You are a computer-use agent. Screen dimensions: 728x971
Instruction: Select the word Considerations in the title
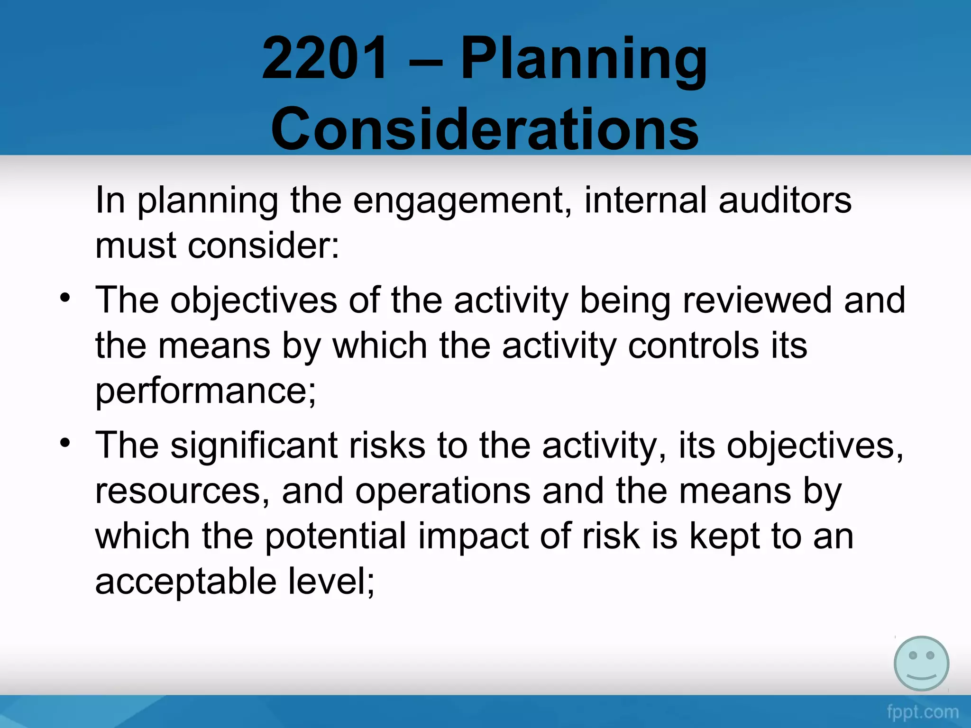[x=485, y=129]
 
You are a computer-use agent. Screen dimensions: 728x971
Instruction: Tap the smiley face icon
[x=921, y=664]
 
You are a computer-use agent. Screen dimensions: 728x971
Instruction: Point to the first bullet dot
[x=65, y=298]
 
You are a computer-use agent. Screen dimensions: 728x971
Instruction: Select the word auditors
[x=785, y=200]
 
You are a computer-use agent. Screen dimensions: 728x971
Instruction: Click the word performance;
[x=205, y=391]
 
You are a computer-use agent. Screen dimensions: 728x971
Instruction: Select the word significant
[x=254, y=446]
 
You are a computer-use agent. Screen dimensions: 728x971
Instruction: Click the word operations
[x=443, y=491]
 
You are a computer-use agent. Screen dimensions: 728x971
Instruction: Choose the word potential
[x=335, y=536]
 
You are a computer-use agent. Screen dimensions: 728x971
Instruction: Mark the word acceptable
[x=185, y=582]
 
